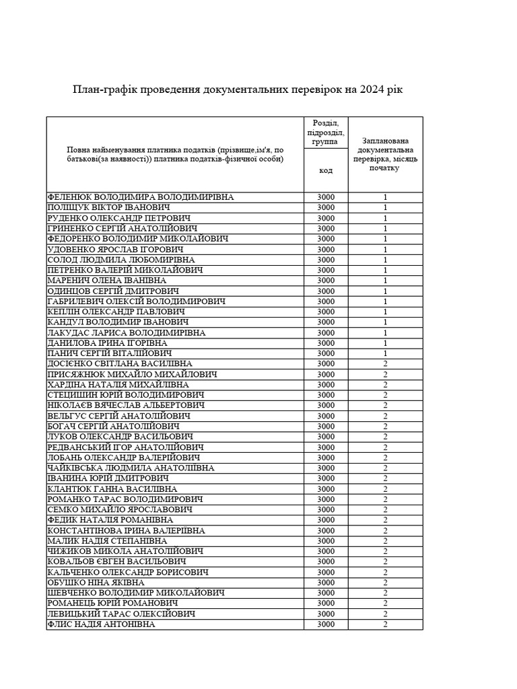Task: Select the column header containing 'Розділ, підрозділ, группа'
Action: (x=326, y=133)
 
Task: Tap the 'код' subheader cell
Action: (x=326, y=171)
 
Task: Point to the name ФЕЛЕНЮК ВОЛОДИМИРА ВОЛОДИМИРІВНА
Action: (x=141, y=197)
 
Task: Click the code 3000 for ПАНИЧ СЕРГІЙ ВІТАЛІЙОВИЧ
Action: (x=326, y=354)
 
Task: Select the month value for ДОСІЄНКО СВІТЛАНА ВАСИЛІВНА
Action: (x=386, y=364)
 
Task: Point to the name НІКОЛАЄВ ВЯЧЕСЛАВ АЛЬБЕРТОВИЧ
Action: (x=127, y=406)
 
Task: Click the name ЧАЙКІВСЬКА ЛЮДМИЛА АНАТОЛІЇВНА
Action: (x=131, y=468)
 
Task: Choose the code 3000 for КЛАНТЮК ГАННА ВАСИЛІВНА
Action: (x=326, y=489)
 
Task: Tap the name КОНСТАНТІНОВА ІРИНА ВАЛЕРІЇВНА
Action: (x=127, y=531)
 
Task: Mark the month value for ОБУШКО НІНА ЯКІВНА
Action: (x=386, y=583)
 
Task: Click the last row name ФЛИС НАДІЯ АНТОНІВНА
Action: (x=101, y=624)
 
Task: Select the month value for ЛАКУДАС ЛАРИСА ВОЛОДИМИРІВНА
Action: (x=386, y=333)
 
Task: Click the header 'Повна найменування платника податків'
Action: (x=175, y=154)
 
